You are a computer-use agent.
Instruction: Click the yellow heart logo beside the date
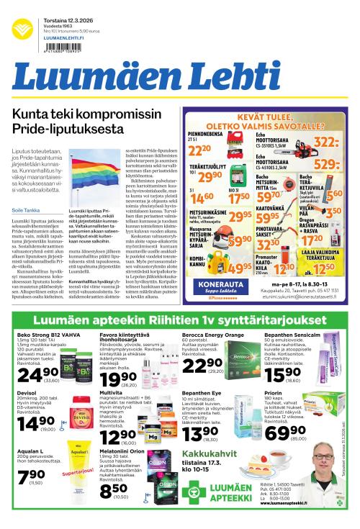[x=23, y=27]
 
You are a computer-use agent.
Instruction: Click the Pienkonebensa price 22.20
[x=199, y=150]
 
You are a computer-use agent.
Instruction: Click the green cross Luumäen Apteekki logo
[x=197, y=497]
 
